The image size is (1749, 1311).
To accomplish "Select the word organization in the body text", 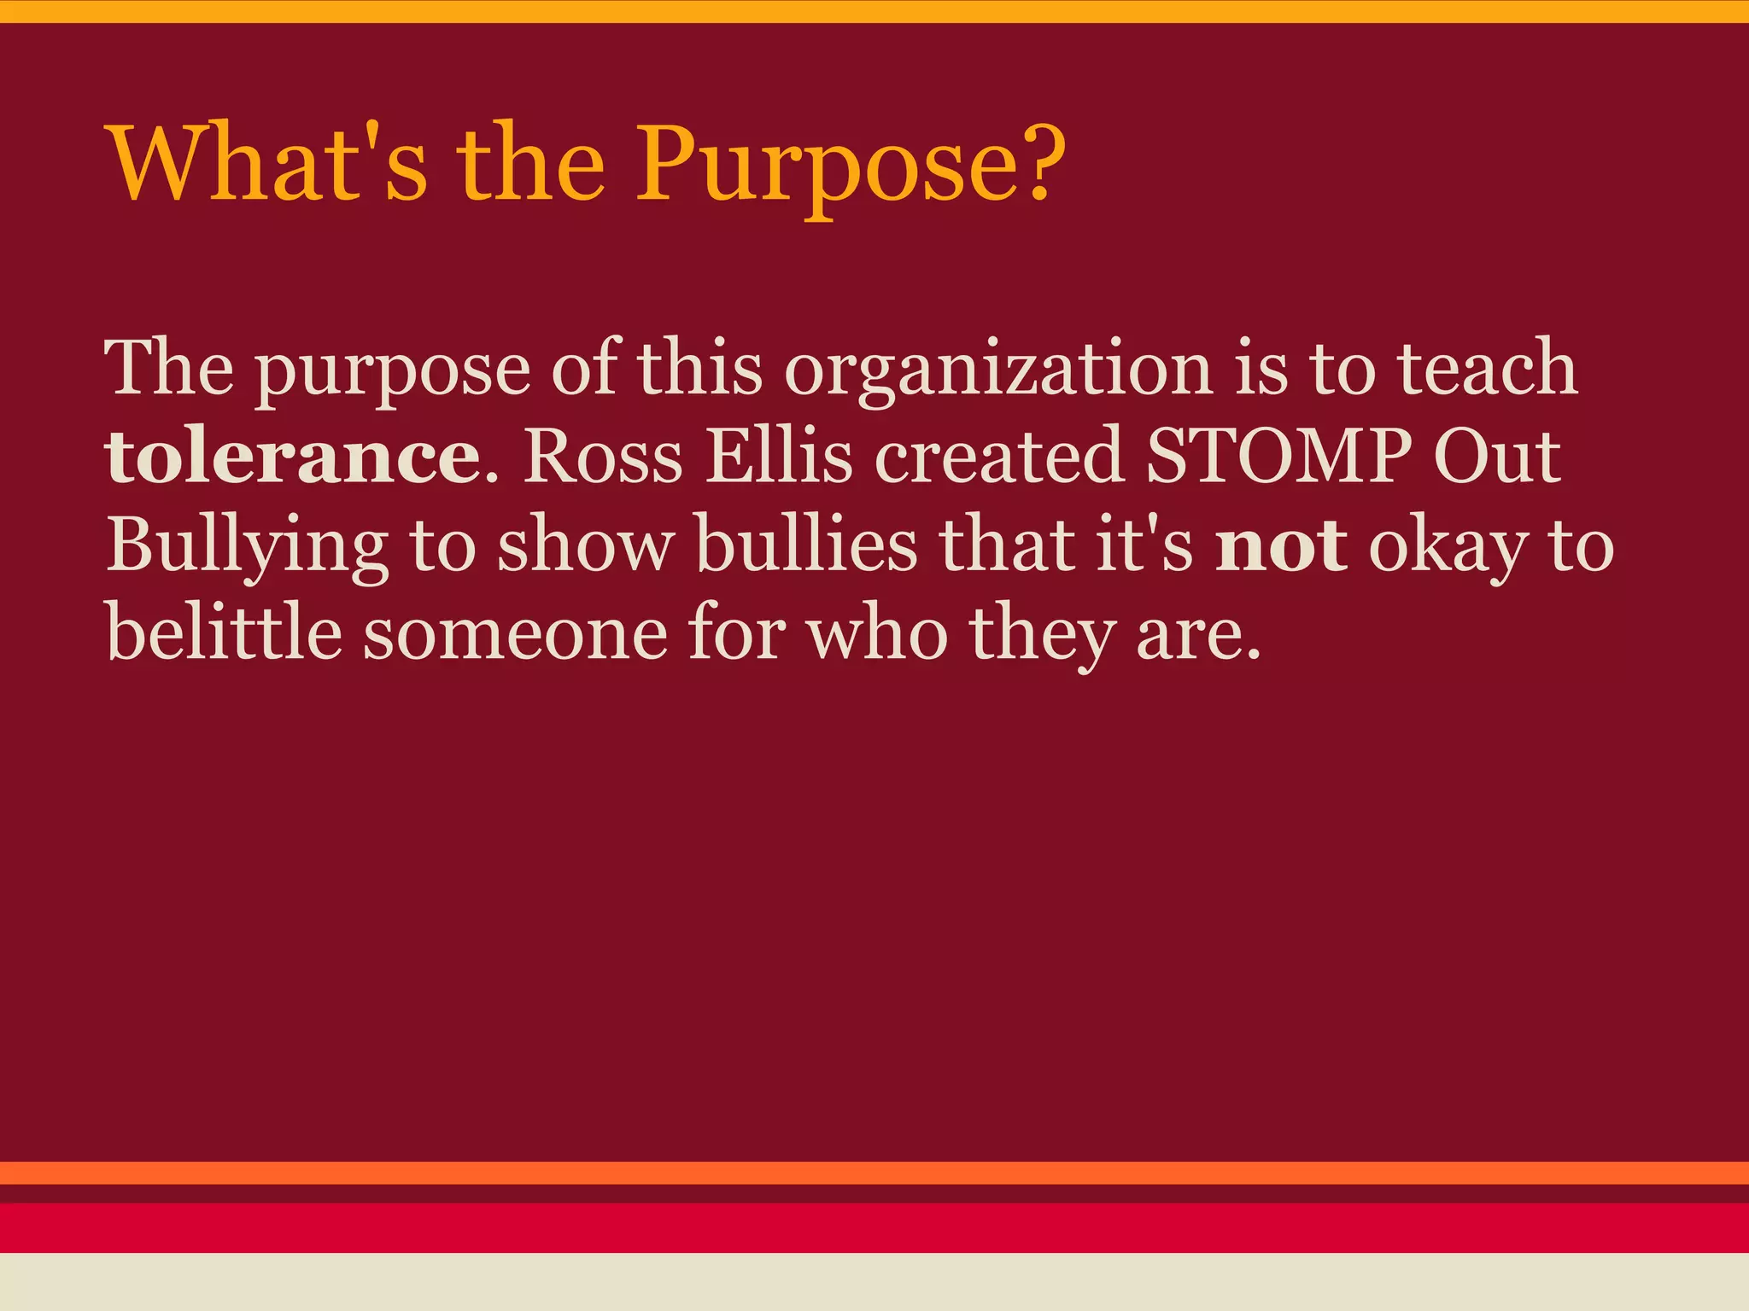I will point(998,369).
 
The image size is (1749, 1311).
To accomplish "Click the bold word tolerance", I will point(293,457).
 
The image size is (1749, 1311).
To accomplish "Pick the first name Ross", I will point(603,457).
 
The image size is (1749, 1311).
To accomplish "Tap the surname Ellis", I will point(779,457).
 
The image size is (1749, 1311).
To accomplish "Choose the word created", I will point(998,457).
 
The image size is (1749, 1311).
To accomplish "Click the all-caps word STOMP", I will point(1278,457).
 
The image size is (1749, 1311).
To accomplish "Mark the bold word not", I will point(1281,546).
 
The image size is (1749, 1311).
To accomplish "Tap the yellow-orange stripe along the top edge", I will point(874,11).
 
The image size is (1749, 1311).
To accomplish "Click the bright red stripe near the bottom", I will point(874,1227).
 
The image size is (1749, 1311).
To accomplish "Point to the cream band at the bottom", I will point(874,1282).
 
